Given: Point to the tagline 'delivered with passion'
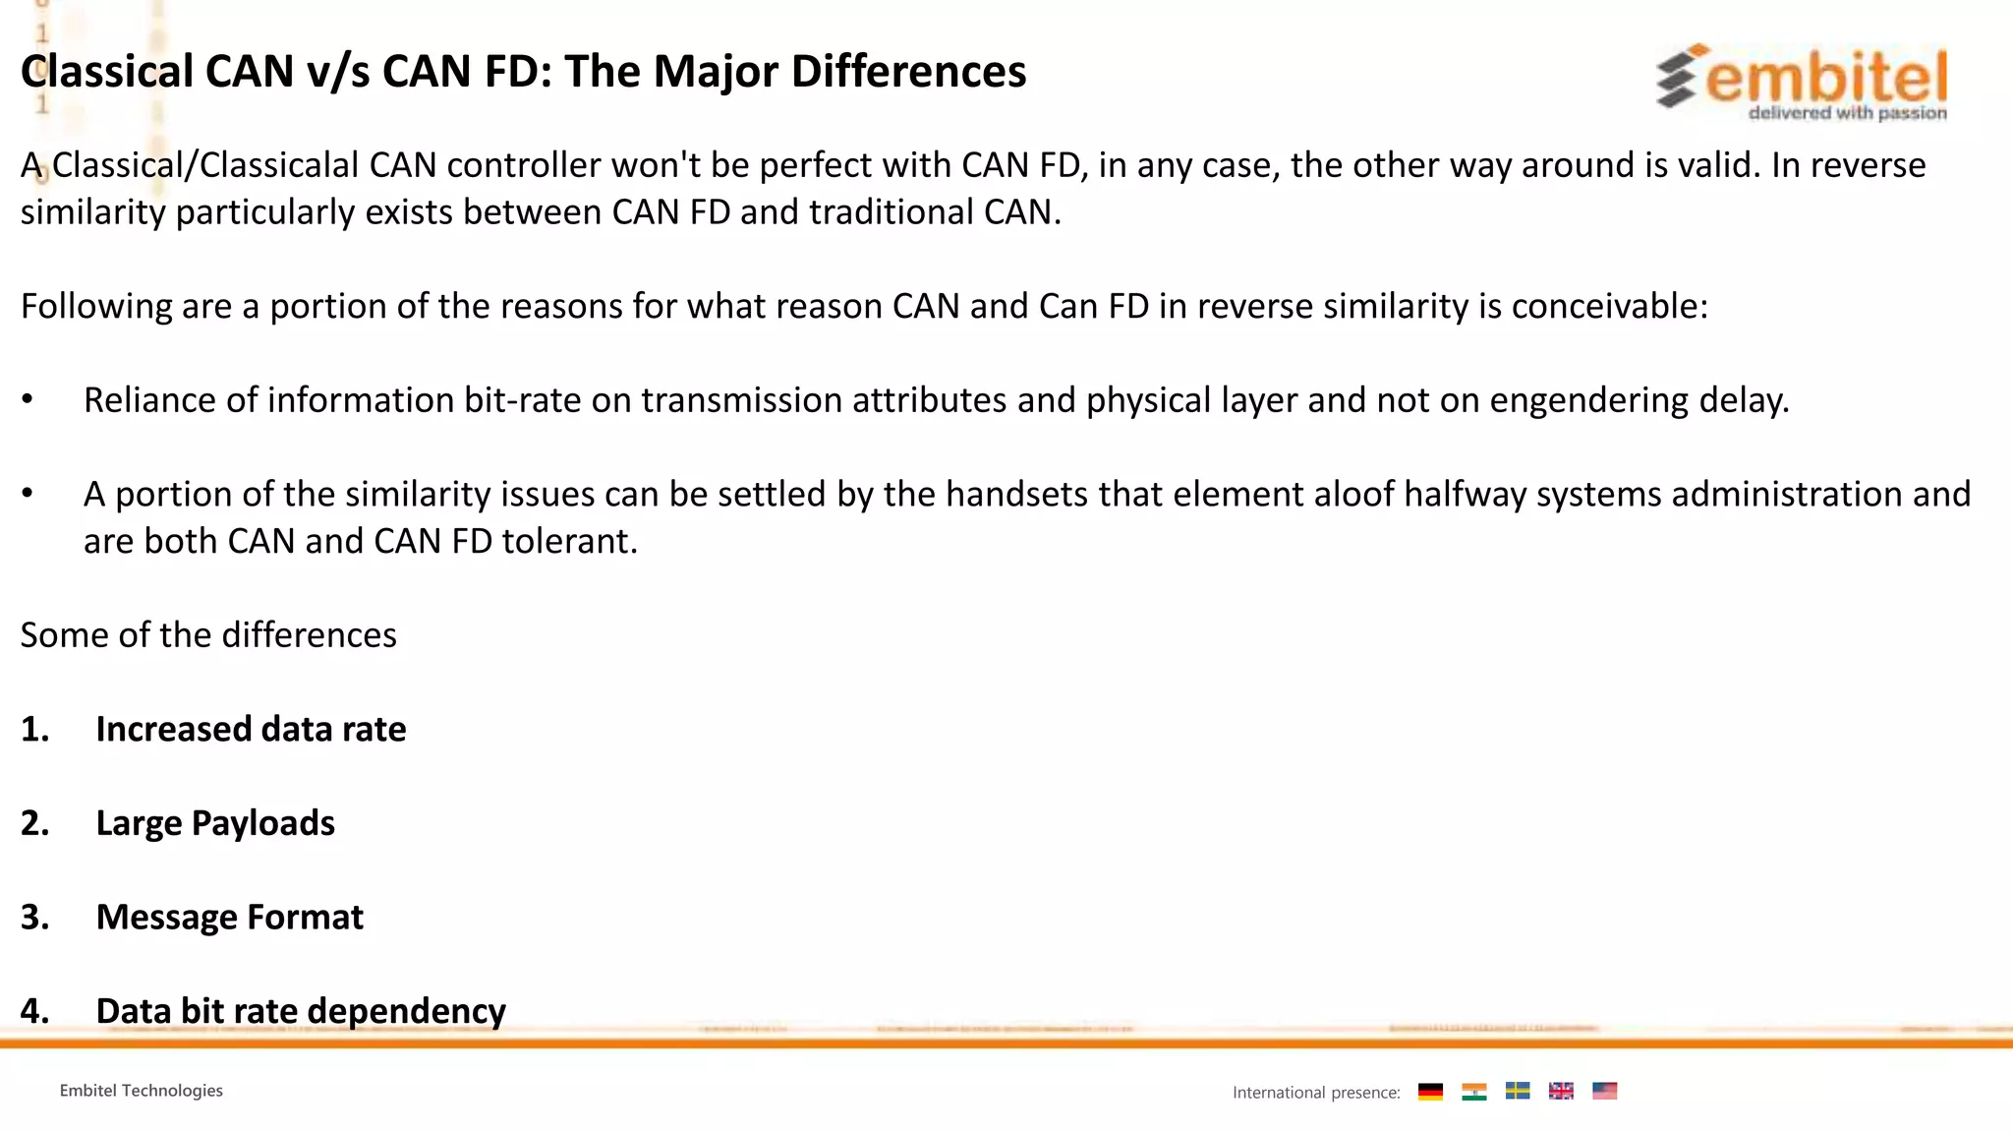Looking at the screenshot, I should click(1847, 113).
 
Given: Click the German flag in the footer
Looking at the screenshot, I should click(1430, 1092).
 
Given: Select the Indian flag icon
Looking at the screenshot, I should click(1473, 1092).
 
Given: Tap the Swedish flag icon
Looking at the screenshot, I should click(1518, 1092).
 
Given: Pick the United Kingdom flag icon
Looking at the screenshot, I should click(1561, 1092).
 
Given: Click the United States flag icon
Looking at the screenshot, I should click(1604, 1092).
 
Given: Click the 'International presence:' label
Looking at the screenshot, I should click(1316, 1093).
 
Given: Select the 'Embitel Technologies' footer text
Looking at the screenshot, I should click(142, 1091).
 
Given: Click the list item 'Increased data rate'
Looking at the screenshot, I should click(251, 730).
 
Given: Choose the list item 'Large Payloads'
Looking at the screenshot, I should click(215, 823).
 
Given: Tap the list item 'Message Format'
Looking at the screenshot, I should click(229, 918).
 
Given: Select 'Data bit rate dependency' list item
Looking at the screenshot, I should click(301, 1011).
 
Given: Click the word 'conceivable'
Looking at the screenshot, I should click(1606, 307).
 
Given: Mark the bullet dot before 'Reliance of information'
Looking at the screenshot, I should click(28, 400).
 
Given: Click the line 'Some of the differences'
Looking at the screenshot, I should click(208, 635).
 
